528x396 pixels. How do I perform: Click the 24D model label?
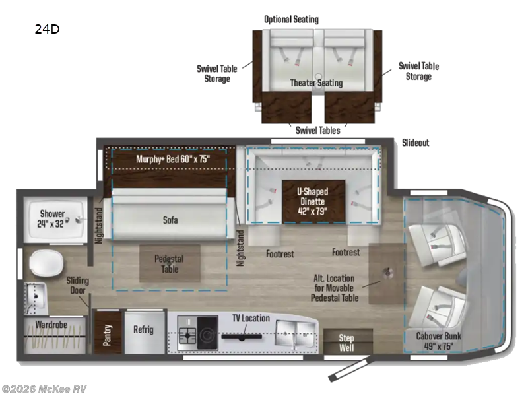tap(46, 29)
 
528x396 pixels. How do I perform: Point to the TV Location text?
tap(250, 318)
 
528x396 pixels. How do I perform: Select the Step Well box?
tap(346, 342)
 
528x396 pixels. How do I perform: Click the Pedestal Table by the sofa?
tap(168, 264)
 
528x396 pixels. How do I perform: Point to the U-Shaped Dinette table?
tap(313, 201)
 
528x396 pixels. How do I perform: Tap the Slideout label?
tap(415, 143)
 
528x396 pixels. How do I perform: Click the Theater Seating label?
tap(316, 83)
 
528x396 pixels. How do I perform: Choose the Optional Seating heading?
tap(291, 19)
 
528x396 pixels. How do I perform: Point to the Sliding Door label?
tap(77, 285)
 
